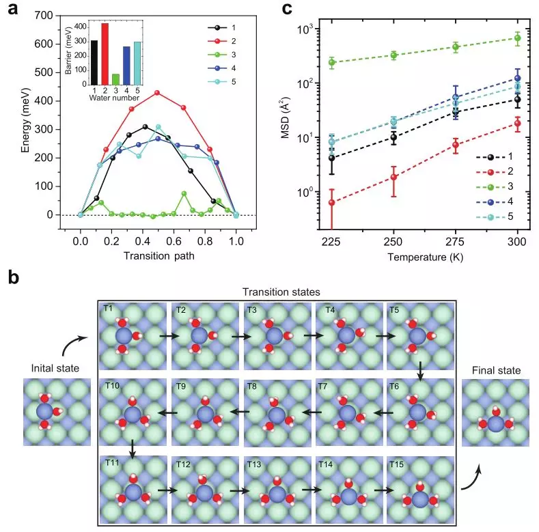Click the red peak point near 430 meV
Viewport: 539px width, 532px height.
point(158,92)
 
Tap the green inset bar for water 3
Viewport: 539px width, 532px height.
point(115,77)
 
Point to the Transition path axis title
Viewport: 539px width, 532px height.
point(158,255)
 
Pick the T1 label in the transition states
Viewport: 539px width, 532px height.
point(108,309)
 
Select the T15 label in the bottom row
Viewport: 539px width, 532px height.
point(398,464)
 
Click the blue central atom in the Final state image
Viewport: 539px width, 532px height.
point(497,423)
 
